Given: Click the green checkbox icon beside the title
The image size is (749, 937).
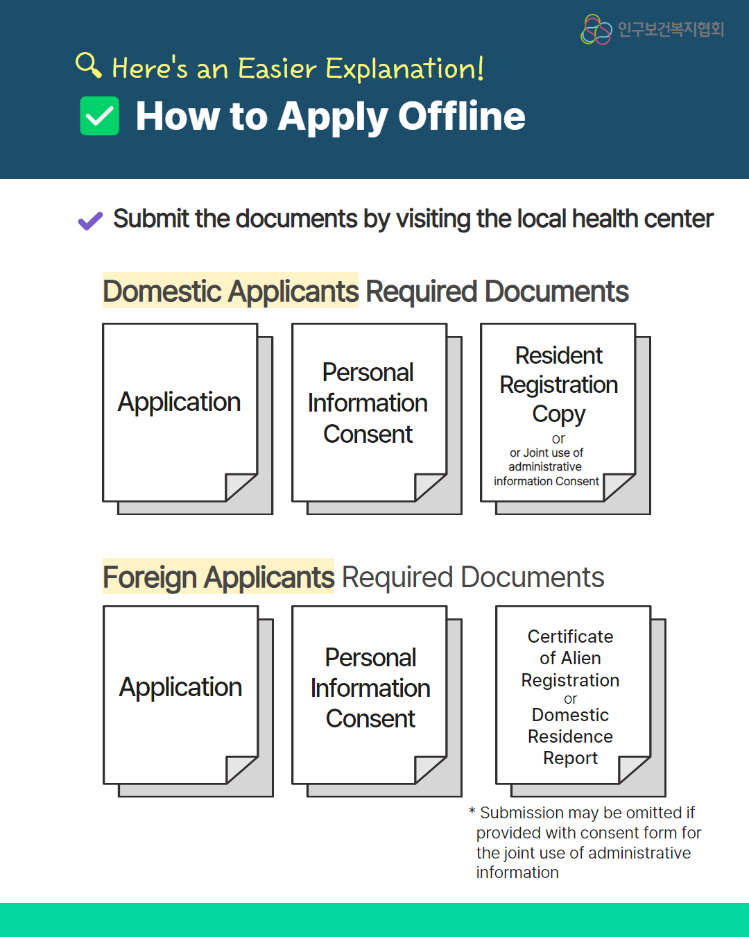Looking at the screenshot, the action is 99,116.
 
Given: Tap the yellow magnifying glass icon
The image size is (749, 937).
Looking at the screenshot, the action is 88,65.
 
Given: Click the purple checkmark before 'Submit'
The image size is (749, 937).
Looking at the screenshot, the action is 90,220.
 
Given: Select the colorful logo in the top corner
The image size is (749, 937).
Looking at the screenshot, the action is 596,29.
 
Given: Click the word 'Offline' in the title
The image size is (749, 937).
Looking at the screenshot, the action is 462,116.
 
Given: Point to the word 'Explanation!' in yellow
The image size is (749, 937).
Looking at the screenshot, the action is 404,68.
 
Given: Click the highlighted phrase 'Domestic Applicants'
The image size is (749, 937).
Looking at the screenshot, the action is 231,291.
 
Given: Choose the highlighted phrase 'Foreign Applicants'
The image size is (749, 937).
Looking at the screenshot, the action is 218,577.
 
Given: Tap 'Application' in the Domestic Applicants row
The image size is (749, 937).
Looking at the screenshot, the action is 180,401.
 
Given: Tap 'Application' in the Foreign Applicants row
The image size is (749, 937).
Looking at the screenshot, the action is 180,687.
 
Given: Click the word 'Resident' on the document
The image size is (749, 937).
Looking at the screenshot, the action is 559,355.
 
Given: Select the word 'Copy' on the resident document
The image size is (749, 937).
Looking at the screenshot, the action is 559,414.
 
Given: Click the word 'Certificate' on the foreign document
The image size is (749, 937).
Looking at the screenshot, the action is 571,636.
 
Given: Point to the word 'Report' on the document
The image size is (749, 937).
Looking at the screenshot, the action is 571,758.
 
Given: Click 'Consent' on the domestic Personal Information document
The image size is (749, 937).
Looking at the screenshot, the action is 368,434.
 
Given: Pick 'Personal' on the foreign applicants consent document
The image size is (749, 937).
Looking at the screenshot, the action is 370,657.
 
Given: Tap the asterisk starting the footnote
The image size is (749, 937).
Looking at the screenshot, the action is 472,811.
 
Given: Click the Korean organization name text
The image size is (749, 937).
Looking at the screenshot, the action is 671,29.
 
